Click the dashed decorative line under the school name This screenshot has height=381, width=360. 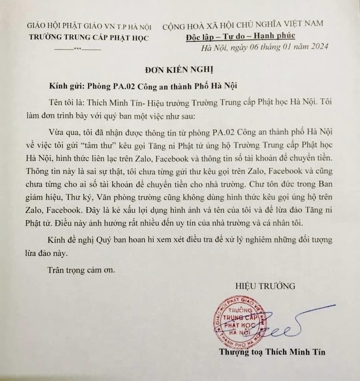tap(78, 49)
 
